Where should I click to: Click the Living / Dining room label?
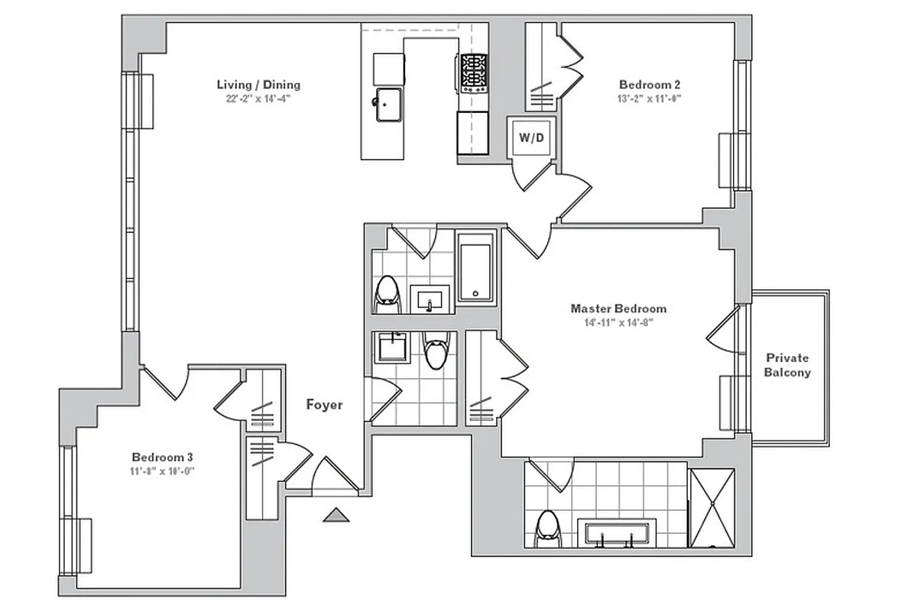click(x=258, y=85)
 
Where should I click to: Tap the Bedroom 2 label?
click(x=650, y=85)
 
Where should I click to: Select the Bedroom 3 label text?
click(x=162, y=457)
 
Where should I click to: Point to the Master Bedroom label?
click(x=618, y=309)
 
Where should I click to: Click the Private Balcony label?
click(x=787, y=365)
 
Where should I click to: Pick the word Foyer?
click(x=324, y=405)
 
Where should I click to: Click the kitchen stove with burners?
click(x=473, y=73)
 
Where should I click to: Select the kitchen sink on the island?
click(x=389, y=104)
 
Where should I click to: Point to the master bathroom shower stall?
click(x=712, y=508)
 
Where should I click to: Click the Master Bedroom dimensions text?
click(x=618, y=322)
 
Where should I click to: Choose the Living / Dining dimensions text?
click(x=258, y=98)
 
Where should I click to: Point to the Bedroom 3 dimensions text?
click(x=162, y=470)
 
